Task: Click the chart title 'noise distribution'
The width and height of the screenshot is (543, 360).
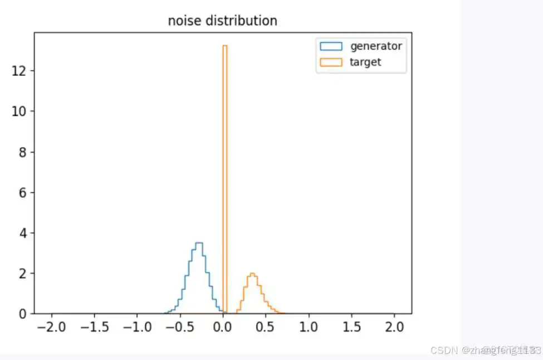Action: pyautogui.click(x=222, y=21)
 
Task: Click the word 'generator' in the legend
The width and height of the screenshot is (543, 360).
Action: pyautogui.click(x=375, y=46)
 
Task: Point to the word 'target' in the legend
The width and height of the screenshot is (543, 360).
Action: pyautogui.click(x=365, y=62)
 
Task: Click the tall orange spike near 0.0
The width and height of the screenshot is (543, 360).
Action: pyautogui.click(x=225, y=167)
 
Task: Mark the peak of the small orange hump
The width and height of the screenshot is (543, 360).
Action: pyautogui.click(x=252, y=274)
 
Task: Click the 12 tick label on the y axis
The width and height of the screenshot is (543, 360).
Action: pyautogui.click(x=20, y=71)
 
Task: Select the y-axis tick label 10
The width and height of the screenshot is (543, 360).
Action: pyautogui.click(x=20, y=111)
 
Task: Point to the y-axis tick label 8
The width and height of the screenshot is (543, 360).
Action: pyautogui.click(x=23, y=152)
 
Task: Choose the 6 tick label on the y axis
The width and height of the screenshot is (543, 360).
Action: pyautogui.click(x=23, y=192)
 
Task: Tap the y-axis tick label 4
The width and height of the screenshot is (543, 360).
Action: pyautogui.click(x=23, y=233)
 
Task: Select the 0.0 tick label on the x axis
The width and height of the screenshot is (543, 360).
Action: pyautogui.click(x=223, y=325)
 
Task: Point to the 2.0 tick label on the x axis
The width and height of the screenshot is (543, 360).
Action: pyautogui.click(x=394, y=325)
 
